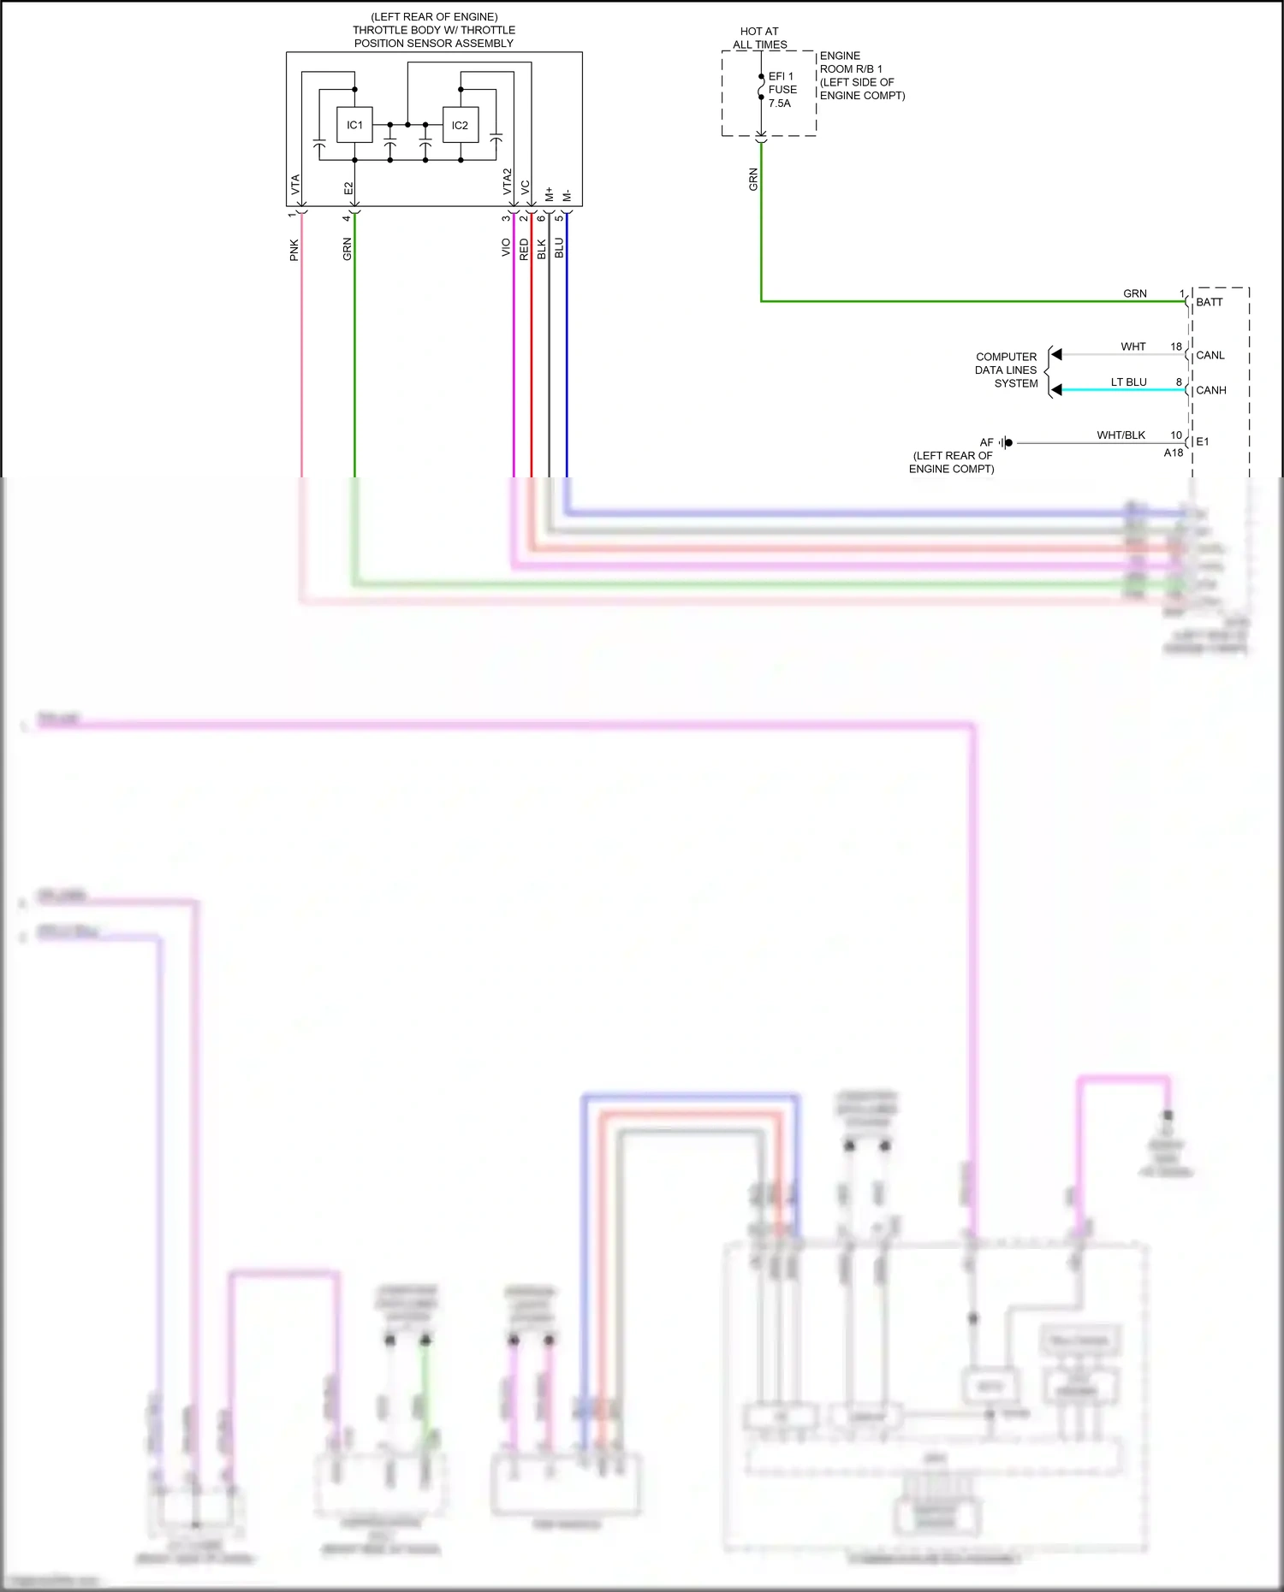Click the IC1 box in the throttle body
[354, 125]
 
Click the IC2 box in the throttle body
[460, 125]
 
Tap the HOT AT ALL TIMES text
[759, 38]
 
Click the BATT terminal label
[1210, 302]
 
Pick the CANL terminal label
[1210, 355]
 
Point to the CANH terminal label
[1211, 390]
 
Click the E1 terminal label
[1203, 441]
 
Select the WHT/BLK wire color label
[1121, 435]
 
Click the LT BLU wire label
[1128, 382]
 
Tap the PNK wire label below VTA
[294, 250]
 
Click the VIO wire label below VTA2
[506, 247]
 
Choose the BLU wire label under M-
[559, 248]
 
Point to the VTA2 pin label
[507, 181]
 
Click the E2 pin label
[348, 188]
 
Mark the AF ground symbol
[1006, 442]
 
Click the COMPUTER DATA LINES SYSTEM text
[1006, 370]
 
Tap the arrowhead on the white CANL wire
[1056, 354]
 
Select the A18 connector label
[1173, 453]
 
